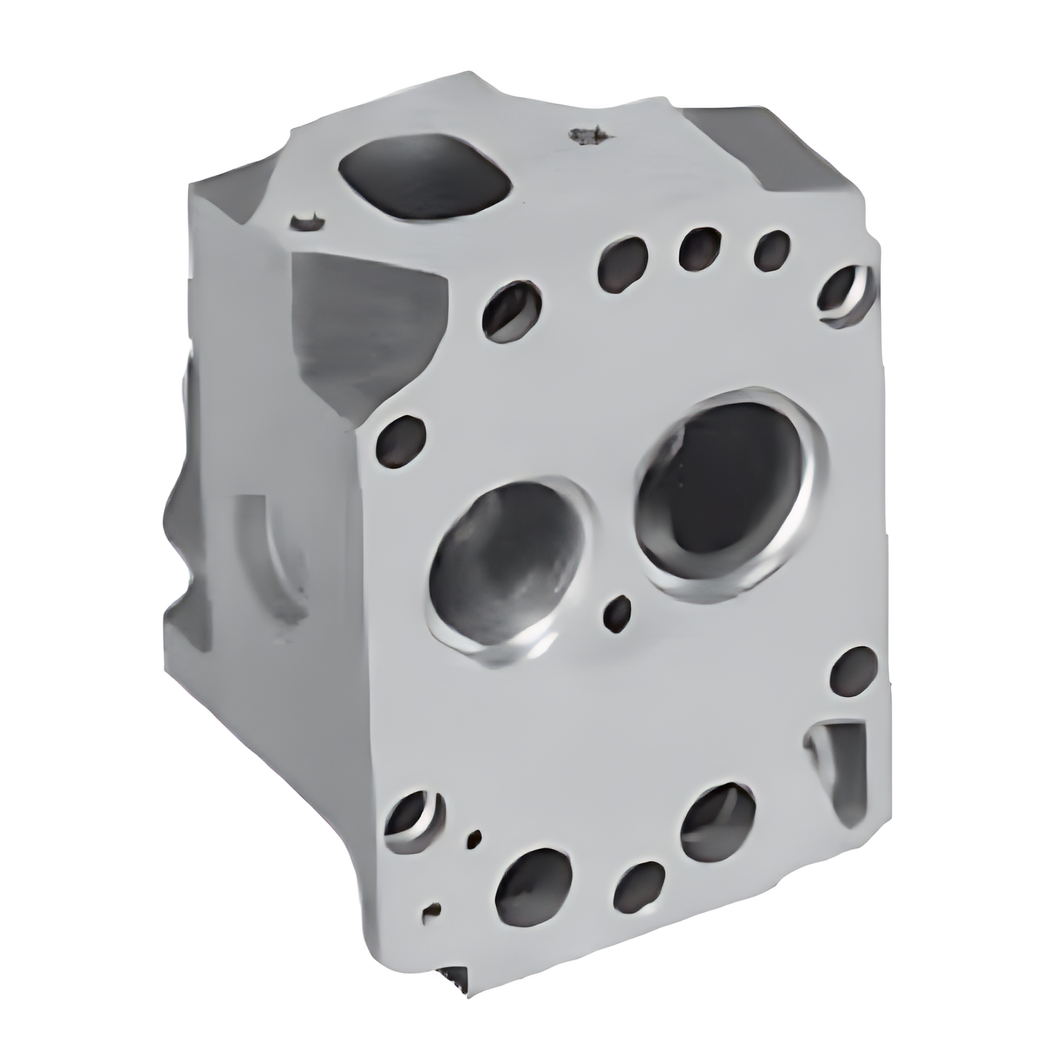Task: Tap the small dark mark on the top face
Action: (586, 136)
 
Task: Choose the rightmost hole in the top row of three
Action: (772, 250)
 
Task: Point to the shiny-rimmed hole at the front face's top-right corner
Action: (845, 295)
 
